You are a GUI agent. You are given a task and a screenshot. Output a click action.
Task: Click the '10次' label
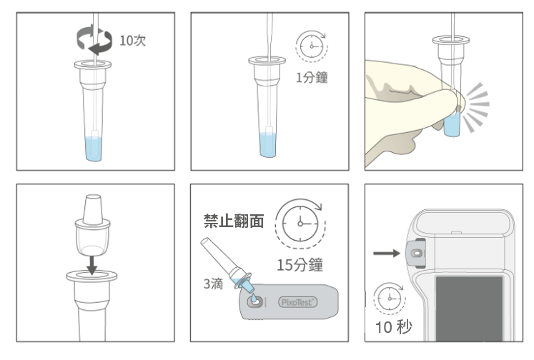[132, 41]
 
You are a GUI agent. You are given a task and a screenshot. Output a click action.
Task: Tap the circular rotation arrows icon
[94, 39]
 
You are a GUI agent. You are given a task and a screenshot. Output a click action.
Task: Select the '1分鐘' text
[312, 78]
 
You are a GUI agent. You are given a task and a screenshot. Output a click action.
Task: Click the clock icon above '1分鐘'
[312, 46]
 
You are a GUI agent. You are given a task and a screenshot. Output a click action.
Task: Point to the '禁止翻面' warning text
[234, 221]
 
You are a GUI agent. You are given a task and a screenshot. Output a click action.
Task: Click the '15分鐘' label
[300, 265]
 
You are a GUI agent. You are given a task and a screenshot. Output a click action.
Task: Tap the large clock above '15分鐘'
[300, 224]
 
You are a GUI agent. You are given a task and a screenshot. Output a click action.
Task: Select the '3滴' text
[213, 284]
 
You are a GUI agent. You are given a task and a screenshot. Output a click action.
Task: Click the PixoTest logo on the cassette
[298, 302]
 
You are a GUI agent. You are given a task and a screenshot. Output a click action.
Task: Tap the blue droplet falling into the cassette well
[254, 299]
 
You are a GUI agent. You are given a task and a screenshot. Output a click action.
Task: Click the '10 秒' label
[393, 327]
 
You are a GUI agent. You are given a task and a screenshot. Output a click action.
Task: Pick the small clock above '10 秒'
[390, 299]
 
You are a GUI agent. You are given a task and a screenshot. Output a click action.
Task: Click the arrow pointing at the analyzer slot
[387, 253]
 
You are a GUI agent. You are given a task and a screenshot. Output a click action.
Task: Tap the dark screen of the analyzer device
[469, 309]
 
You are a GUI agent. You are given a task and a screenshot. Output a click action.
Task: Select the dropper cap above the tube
[92, 225]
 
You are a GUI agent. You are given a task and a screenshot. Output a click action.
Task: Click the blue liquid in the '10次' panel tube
[94, 149]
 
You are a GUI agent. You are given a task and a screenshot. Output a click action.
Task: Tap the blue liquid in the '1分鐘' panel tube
[267, 145]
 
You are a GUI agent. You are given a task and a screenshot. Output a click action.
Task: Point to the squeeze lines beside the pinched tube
[477, 107]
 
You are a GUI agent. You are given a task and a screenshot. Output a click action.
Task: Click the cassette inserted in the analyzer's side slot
[416, 253]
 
